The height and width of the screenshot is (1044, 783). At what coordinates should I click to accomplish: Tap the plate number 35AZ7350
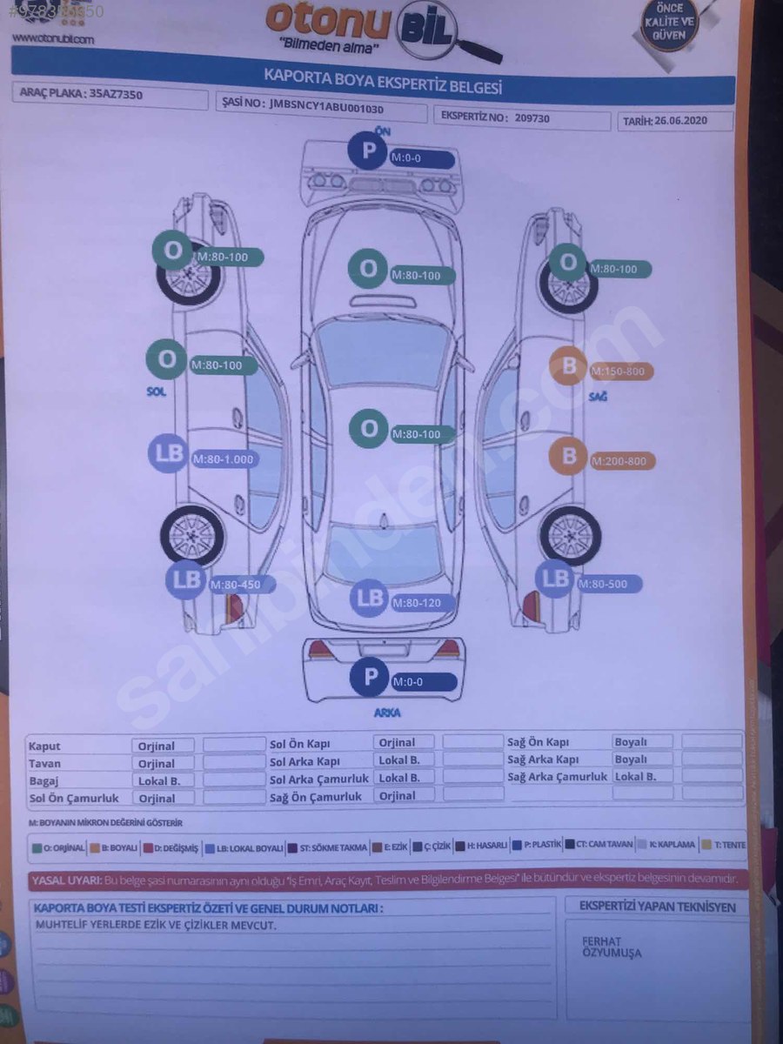pyautogui.click(x=117, y=94)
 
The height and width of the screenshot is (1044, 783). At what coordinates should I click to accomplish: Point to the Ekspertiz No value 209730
pyautogui.click(x=532, y=117)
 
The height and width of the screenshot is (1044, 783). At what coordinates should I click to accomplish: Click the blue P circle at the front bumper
pyautogui.click(x=368, y=150)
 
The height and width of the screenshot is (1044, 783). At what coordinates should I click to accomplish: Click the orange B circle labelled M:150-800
pyautogui.click(x=569, y=366)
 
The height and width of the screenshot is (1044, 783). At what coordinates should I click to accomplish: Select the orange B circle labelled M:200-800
pyautogui.click(x=570, y=456)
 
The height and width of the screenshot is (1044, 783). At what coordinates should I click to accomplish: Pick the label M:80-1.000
pyautogui.click(x=224, y=458)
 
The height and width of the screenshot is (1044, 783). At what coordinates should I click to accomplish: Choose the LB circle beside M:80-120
pyautogui.click(x=370, y=598)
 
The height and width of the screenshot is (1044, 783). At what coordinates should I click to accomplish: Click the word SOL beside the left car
pyautogui.click(x=156, y=391)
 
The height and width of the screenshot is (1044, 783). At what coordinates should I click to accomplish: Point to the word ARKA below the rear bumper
pyautogui.click(x=387, y=713)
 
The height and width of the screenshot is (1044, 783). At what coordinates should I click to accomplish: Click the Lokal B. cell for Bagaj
pyautogui.click(x=160, y=780)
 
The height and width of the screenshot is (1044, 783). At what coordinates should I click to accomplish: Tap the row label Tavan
pyautogui.click(x=44, y=763)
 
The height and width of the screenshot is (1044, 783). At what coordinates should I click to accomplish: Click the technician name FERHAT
pyautogui.click(x=601, y=941)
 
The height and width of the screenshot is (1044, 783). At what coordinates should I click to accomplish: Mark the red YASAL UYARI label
pyautogui.click(x=66, y=880)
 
